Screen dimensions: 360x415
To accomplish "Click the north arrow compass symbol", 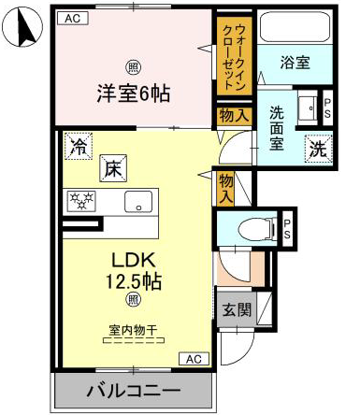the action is [22, 27].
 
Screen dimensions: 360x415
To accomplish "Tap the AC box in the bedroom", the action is [73, 18].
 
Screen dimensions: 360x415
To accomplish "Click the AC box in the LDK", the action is [194, 359].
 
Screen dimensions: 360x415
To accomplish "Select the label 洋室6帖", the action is [134, 93].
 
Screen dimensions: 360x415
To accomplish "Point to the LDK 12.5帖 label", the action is [134, 271].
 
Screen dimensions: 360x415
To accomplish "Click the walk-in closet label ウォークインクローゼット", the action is [235, 57].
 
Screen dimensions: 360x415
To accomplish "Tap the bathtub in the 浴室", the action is [295, 27].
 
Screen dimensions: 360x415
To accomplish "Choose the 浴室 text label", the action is [295, 63].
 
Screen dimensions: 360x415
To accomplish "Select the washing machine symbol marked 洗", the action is [319, 149].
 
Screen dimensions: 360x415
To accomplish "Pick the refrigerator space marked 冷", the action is [78, 146].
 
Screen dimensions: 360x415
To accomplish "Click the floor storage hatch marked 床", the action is [113, 168].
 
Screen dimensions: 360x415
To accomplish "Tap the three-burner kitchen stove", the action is [81, 201].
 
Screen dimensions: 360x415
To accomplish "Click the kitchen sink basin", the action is [138, 202].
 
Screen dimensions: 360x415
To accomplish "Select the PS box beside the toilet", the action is [287, 229].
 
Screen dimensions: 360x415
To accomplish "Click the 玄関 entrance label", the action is [237, 309].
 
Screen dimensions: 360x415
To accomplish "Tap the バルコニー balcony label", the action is [134, 391].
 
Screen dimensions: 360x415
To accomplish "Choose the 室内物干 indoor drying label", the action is [133, 330].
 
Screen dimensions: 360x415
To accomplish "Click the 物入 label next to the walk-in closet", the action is [234, 116].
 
